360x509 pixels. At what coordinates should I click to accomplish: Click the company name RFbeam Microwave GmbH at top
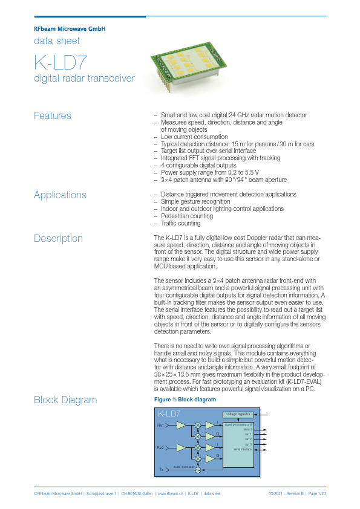coord(70,28)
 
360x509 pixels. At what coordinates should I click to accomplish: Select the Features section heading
coord(53,115)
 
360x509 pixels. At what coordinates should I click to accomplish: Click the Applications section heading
coord(60,195)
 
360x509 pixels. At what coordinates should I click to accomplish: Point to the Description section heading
coord(58,238)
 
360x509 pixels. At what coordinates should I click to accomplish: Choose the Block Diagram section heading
coord(65,400)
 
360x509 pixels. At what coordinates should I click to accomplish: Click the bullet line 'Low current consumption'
coord(194,137)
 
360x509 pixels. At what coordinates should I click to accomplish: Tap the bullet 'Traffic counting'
coord(181,223)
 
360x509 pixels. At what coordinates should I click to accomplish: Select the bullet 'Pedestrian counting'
coord(186,216)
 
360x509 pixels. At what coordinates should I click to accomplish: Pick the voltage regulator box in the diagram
coord(238,415)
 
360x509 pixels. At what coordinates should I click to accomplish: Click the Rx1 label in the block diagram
coord(161,426)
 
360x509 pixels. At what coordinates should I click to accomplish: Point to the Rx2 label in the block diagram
coord(161,447)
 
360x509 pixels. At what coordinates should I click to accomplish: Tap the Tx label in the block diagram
coord(162,469)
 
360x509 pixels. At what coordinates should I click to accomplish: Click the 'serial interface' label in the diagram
coord(243,449)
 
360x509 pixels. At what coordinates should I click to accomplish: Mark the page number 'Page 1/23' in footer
coord(316,494)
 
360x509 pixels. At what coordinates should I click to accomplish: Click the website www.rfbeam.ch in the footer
coord(170,494)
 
